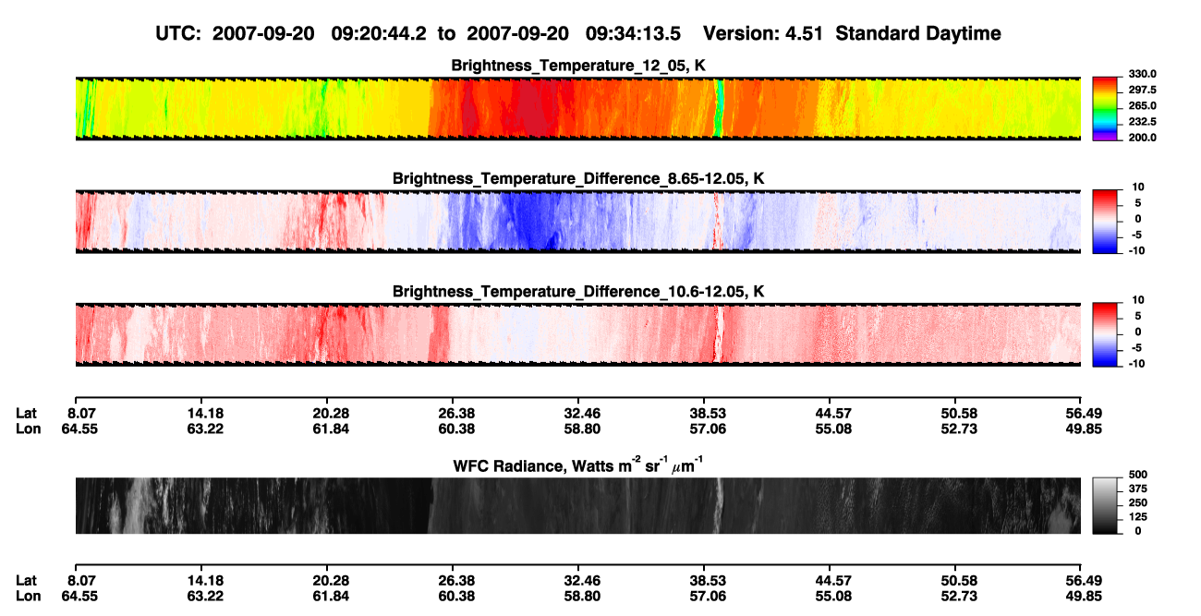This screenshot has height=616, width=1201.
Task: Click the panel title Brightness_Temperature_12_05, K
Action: point(578,66)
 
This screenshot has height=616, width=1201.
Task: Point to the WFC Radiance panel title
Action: point(578,465)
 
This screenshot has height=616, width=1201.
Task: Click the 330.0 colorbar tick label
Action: point(1142,74)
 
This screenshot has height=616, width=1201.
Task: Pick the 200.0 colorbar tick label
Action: point(1142,138)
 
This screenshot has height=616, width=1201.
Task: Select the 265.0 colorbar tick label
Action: point(1142,105)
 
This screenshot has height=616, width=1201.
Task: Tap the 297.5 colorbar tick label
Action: point(1142,90)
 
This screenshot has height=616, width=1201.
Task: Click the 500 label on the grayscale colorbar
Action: point(1138,475)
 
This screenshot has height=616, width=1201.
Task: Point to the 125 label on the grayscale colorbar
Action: point(1138,517)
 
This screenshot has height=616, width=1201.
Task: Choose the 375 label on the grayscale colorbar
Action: point(1138,489)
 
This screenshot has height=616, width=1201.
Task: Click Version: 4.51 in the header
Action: point(763,34)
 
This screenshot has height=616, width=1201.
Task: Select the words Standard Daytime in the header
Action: point(918,34)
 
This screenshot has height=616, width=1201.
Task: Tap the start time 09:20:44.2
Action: point(379,34)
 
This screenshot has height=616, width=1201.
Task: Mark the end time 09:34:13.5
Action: point(633,34)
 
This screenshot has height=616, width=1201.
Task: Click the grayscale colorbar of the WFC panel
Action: point(1105,505)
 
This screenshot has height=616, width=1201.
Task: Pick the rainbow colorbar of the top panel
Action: point(1105,109)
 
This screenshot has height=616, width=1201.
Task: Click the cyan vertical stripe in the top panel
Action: point(720,109)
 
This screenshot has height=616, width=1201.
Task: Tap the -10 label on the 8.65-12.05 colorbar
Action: point(1137,251)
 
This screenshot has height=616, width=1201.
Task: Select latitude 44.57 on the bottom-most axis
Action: point(833,581)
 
